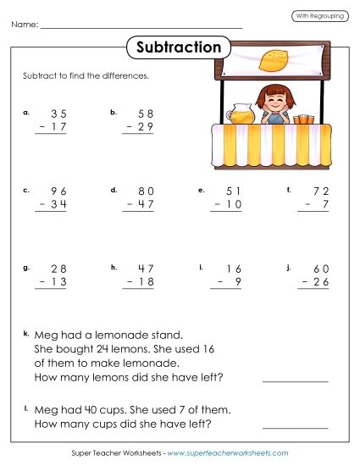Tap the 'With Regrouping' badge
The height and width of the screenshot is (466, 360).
point(319,16)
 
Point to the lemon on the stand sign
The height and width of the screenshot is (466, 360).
point(271,59)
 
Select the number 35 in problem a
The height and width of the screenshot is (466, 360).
point(58,113)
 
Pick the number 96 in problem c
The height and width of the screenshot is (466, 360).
point(58,191)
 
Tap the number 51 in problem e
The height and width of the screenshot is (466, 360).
point(233,191)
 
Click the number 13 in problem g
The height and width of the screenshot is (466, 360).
point(58,283)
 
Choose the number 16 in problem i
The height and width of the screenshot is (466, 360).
point(233,269)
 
